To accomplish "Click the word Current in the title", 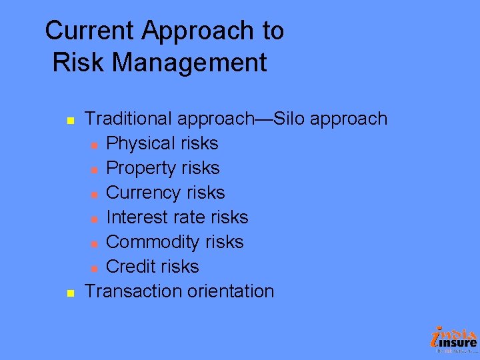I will [90, 31].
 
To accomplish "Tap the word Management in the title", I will [190, 63].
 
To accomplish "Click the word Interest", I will [137, 217].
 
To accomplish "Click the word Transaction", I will [133, 291].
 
